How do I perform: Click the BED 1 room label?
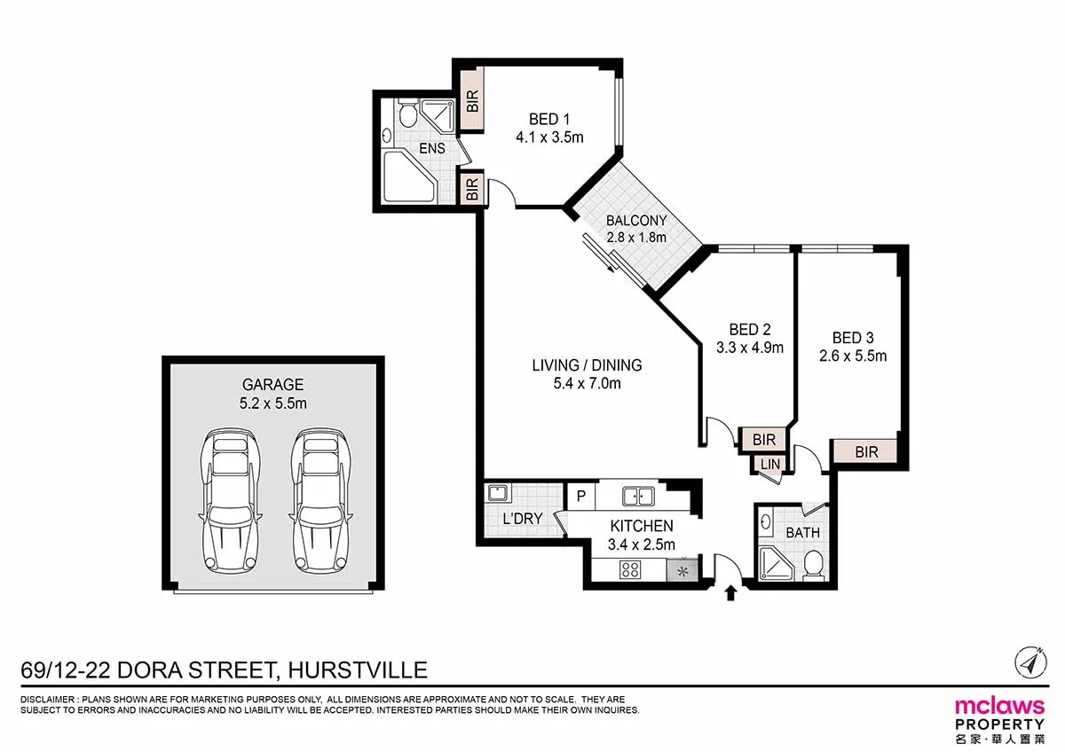pyautogui.click(x=544, y=120)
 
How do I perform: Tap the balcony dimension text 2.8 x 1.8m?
pyautogui.click(x=636, y=238)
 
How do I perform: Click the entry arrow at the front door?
pyautogui.click(x=730, y=592)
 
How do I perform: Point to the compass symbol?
pyautogui.click(x=1029, y=661)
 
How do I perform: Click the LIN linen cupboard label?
pyautogui.click(x=769, y=464)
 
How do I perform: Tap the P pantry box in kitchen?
pyautogui.click(x=580, y=496)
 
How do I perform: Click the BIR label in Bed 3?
pyautogui.click(x=866, y=452)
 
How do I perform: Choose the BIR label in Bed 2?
pyautogui.click(x=763, y=440)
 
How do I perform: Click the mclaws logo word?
pyautogui.click(x=998, y=706)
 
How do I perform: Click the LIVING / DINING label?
pyautogui.click(x=587, y=364)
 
